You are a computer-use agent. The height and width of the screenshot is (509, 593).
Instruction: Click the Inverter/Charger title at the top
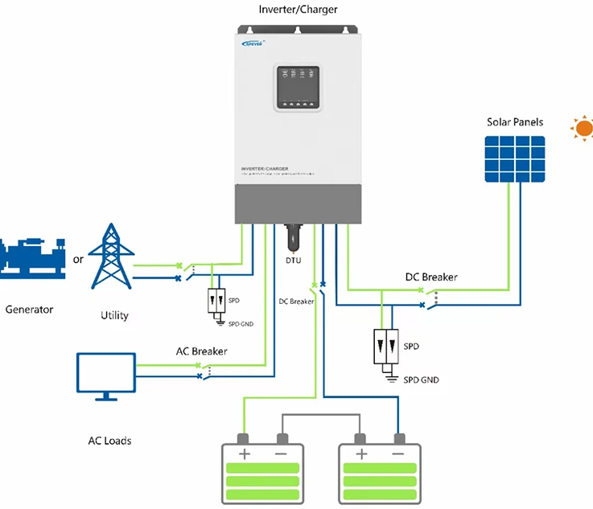pos(298,10)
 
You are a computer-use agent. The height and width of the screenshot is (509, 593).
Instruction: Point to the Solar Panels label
pos(515,122)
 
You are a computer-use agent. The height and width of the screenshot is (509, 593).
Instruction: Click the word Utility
pos(114,315)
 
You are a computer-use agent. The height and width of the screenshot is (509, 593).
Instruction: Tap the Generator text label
pos(29,309)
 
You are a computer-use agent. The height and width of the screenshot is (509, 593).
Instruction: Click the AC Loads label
pos(109,441)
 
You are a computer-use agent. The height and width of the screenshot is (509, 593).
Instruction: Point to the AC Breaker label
pos(201,351)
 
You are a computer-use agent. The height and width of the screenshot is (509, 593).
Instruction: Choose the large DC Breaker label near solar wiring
pos(431,277)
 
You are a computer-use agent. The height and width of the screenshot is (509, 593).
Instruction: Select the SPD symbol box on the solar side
pos(387,346)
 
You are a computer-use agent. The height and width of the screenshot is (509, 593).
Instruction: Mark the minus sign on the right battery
pos(399,455)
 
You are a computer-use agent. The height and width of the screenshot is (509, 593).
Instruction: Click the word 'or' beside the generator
pos(78,260)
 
